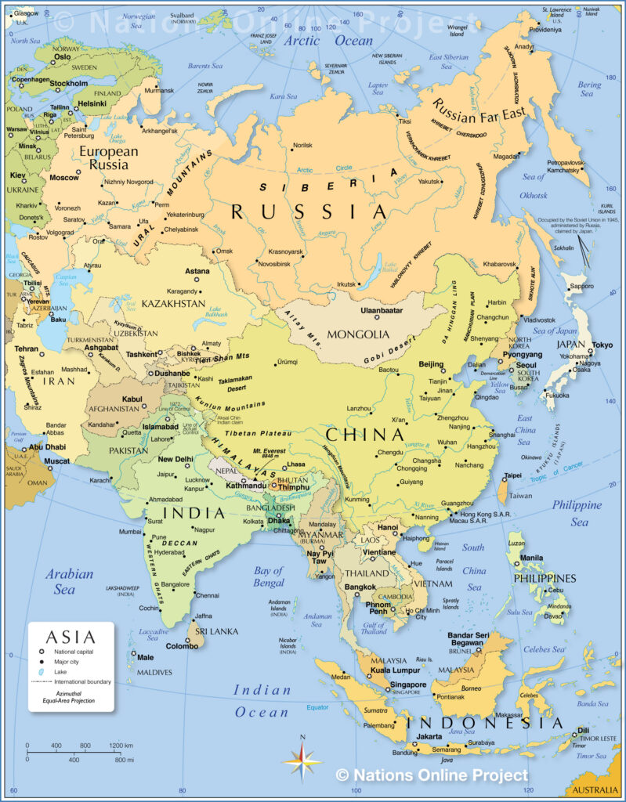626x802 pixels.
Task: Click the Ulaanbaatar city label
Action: (x=381, y=310)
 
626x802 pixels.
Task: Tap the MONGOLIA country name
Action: (x=358, y=334)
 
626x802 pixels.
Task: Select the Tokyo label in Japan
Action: (x=602, y=345)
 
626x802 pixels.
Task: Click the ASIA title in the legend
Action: (x=71, y=638)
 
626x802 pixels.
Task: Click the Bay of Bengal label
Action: (x=269, y=576)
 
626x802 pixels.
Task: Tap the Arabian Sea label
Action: (x=69, y=581)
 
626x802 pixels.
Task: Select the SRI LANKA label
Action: (x=212, y=630)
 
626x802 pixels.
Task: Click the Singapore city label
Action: (x=408, y=685)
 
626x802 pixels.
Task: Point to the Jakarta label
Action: (x=429, y=737)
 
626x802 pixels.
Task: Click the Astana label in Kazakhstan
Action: (x=197, y=271)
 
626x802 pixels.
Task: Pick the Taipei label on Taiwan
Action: (x=512, y=475)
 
